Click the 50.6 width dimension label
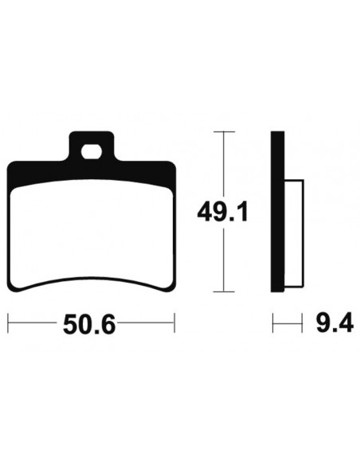(x=89, y=324)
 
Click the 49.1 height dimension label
(x=222, y=212)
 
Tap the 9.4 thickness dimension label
(x=335, y=322)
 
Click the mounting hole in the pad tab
(x=92, y=152)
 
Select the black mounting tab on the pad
(x=92, y=147)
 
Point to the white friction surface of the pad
(x=92, y=232)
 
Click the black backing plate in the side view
(x=277, y=212)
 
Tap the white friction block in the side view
(x=294, y=233)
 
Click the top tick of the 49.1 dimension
(x=224, y=131)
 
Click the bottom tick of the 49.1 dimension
(x=224, y=291)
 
